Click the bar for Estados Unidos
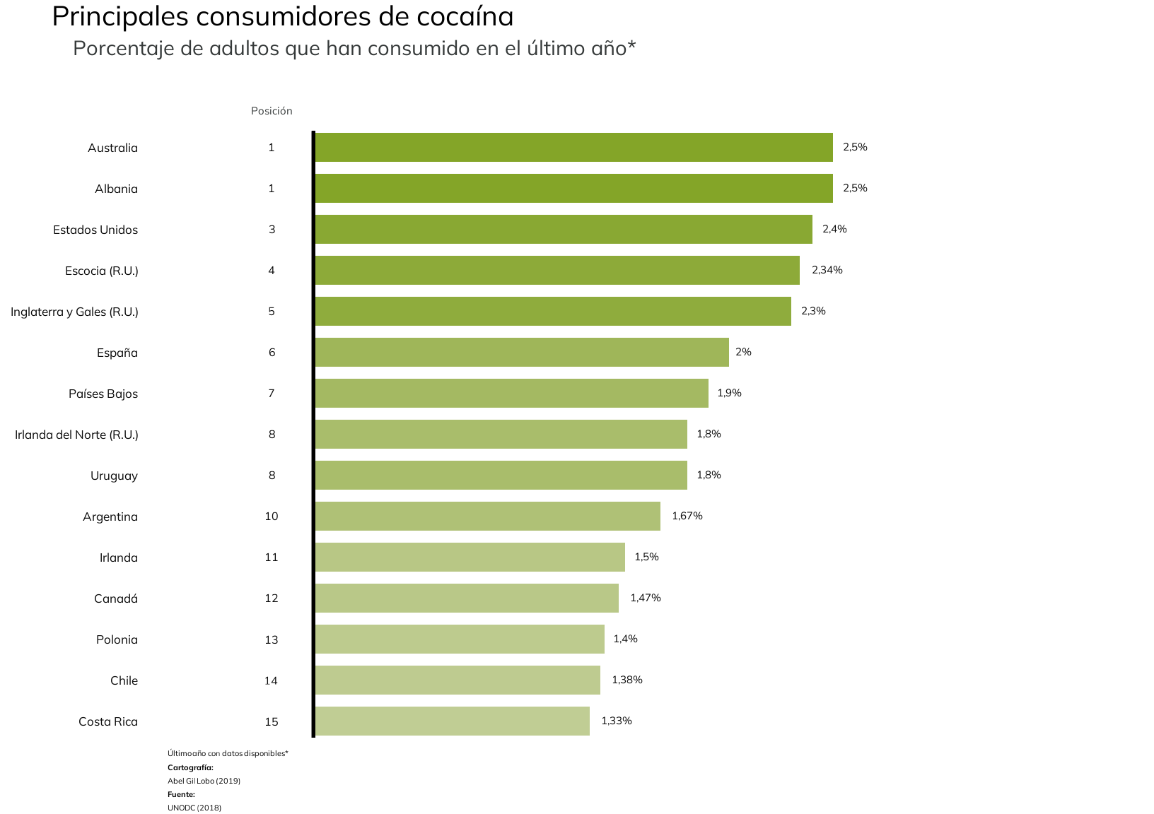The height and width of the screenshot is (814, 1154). pos(563,230)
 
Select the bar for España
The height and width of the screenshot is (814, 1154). pos(521,353)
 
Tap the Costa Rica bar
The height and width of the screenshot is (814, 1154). pos(452,721)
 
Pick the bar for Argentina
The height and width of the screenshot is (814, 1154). pos(487,517)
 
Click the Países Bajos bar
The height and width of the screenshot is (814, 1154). pos(511,394)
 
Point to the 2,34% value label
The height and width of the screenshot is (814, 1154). pos(827,270)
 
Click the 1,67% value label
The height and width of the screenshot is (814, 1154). pos(687,516)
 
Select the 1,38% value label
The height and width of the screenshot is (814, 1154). pos(626,680)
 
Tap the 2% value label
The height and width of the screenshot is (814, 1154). pos(743,352)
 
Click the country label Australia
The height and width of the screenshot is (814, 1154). pos(112,148)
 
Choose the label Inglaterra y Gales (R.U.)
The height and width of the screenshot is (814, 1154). pos(74,312)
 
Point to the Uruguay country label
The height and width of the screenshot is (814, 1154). pos(114,476)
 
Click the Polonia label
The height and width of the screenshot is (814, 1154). pos(117,639)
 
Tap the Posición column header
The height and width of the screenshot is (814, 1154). pos(272,111)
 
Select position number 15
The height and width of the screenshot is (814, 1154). pos(272,721)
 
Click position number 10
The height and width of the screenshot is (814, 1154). pos(272,517)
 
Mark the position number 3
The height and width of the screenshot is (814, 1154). pos(272,230)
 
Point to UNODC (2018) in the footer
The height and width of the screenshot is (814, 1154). pos(194,808)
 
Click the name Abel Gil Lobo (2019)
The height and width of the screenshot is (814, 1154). pos(204,781)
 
